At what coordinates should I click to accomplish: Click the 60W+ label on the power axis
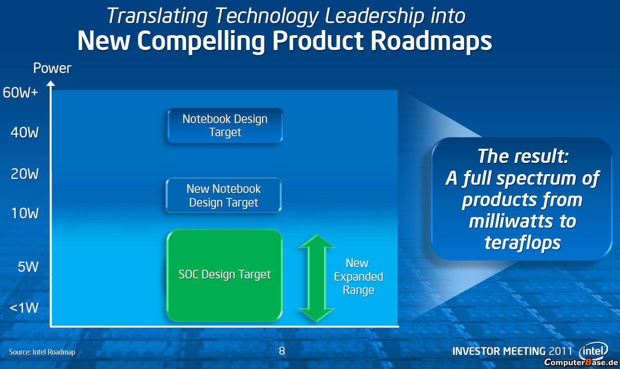pos(20,93)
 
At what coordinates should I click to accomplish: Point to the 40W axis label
pos(25,132)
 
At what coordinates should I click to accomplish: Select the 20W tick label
pos(25,174)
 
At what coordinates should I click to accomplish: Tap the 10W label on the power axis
pos(25,213)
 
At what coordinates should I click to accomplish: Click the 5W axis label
pos(28,267)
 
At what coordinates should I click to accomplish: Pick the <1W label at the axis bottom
pos(24,308)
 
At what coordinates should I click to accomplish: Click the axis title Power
pos(52,68)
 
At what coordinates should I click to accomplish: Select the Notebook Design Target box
pos(225,125)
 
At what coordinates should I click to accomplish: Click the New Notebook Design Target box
pos(224,195)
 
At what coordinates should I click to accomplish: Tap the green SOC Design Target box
pos(224,275)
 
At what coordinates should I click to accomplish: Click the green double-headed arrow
pos(317,278)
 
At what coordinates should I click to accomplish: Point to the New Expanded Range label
pos(358,276)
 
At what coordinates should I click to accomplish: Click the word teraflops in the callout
pos(522,243)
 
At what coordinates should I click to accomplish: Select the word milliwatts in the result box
pos(509,221)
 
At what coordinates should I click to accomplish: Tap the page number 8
pos(282,351)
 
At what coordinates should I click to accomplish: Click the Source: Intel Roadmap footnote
pos(42,352)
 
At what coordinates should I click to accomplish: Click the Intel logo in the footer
pos(593,351)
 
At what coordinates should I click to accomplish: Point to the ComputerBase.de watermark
pos(581,362)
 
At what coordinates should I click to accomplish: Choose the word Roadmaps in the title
pos(431,41)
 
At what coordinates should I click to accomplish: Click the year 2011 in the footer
pos(561,351)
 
